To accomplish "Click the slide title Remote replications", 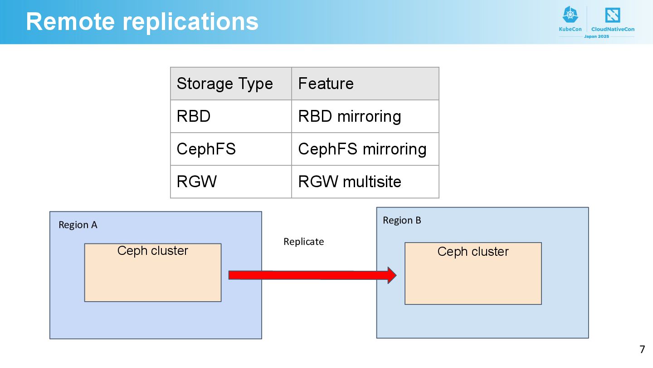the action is (x=142, y=22).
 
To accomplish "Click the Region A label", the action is (x=78, y=225).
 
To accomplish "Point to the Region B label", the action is (x=402, y=220).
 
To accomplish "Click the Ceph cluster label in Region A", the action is (x=153, y=251).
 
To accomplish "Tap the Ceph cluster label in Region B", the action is (x=473, y=252).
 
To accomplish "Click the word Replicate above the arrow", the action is (x=304, y=242).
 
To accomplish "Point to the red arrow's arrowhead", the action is (x=392, y=275).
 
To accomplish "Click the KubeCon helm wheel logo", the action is (x=570, y=15).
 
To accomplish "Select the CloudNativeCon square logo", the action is (x=613, y=15).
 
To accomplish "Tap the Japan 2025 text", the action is (x=596, y=36).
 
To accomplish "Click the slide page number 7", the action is (x=642, y=349).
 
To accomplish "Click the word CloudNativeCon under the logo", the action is (x=613, y=29).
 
